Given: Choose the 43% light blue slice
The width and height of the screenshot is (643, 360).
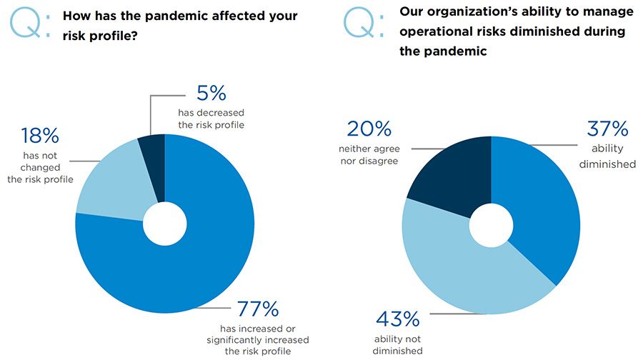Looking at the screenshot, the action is (x=459, y=271).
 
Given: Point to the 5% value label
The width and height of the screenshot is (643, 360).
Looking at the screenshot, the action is (x=211, y=93).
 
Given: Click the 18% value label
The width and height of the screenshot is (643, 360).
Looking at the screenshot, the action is (x=40, y=136).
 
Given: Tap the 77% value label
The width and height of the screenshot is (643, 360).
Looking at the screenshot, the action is (x=258, y=309).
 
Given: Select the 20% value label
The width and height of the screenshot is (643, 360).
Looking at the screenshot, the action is (x=369, y=129).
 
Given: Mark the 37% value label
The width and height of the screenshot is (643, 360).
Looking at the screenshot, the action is (x=607, y=129).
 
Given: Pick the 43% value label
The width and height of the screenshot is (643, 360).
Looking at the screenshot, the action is (x=398, y=319).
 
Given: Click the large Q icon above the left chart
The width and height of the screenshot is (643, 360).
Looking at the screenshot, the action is (x=26, y=23).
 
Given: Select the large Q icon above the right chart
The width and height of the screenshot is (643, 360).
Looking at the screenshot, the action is (x=359, y=22).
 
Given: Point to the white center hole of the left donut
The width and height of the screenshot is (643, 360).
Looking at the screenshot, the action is (x=165, y=224).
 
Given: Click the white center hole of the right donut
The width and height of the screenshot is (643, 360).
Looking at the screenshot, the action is (x=492, y=226).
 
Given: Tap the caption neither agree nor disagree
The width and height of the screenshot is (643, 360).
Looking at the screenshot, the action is (x=369, y=154).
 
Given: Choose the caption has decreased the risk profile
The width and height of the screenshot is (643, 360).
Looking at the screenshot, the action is (x=211, y=119).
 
